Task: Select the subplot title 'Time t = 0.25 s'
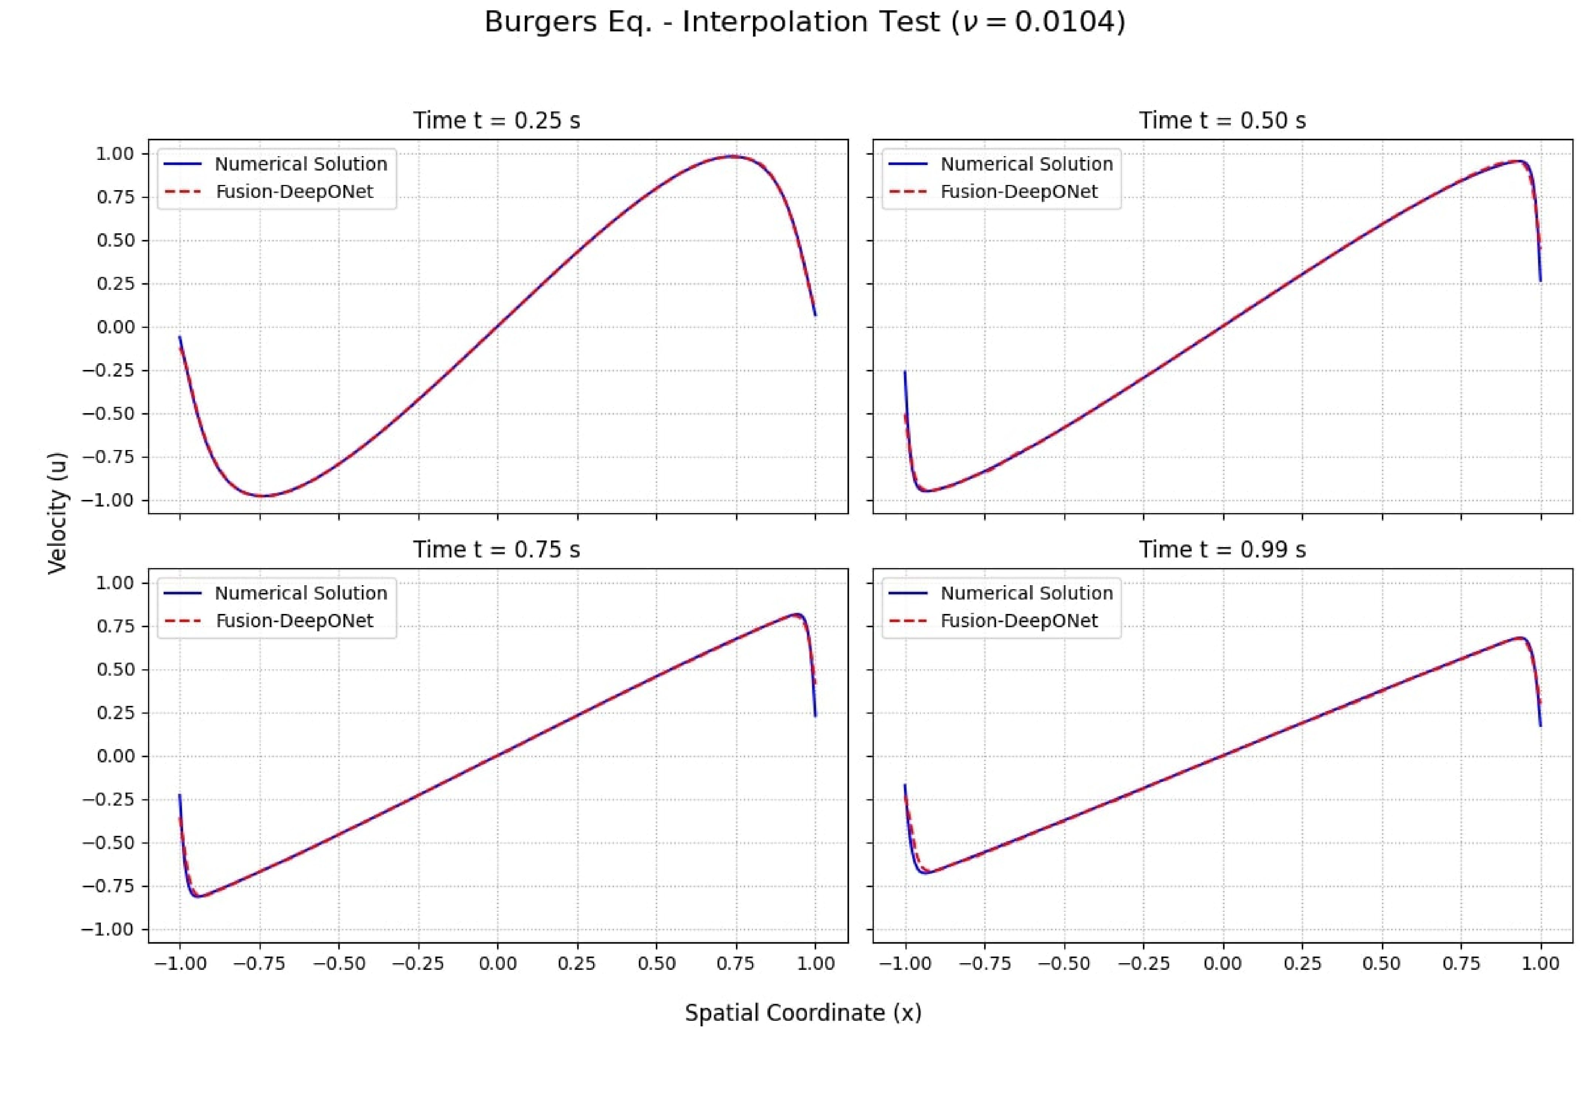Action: pyautogui.click(x=496, y=121)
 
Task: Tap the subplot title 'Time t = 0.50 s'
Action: pyautogui.click(x=1222, y=121)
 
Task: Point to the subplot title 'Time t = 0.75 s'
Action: pyautogui.click(x=496, y=550)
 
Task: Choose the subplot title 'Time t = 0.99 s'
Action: pyautogui.click(x=1222, y=550)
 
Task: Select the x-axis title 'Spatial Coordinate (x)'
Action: pyautogui.click(x=803, y=1013)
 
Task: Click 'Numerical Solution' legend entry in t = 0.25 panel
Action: pyautogui.click(x=301, y=164)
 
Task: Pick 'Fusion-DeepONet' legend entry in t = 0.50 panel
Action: pyautogui.click(x=1018, y=191)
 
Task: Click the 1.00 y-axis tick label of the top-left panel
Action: pyautogui.click(x=114, y=154)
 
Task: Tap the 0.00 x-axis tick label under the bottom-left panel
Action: pyautogui.click(x=497, y=963)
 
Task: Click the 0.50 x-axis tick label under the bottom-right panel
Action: pyautogui.click(x=1382, y=963)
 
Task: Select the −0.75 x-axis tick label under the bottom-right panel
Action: pyautogui.click(x=985, y=963)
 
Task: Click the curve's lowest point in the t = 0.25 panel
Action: pyautogui.click(x=263, y=495)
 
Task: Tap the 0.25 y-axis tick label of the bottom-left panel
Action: pyautogui.click(x=114, y=713)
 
